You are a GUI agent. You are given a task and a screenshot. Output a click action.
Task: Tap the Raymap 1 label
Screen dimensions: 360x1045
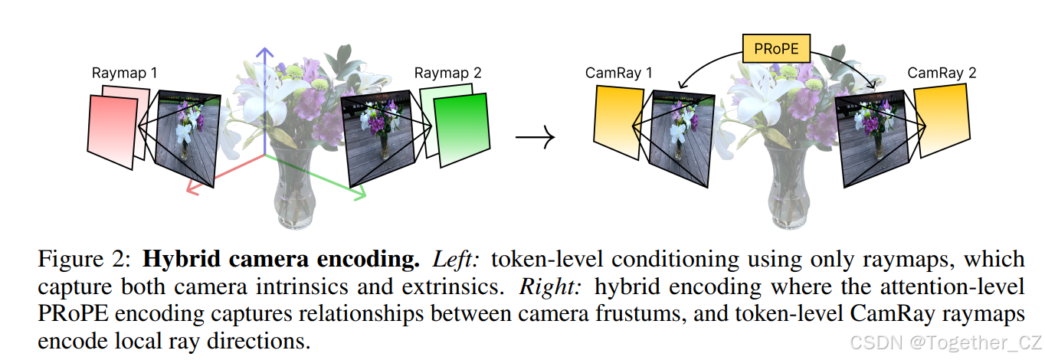tap(125, 74)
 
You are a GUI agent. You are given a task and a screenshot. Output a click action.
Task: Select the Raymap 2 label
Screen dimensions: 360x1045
tap(448, 74)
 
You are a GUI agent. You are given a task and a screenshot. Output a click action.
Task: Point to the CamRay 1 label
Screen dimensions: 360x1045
tap(619, 74)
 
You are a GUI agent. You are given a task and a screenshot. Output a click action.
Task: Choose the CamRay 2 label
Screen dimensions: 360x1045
tap(942, 74)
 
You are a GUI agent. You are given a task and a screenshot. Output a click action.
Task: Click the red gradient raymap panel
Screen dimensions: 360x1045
tap(112, 130)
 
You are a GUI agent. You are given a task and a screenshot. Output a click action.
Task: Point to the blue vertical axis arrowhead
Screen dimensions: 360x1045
tap(265, 54)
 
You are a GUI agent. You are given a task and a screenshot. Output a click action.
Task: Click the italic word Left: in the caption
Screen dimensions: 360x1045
tap(456, 259)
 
